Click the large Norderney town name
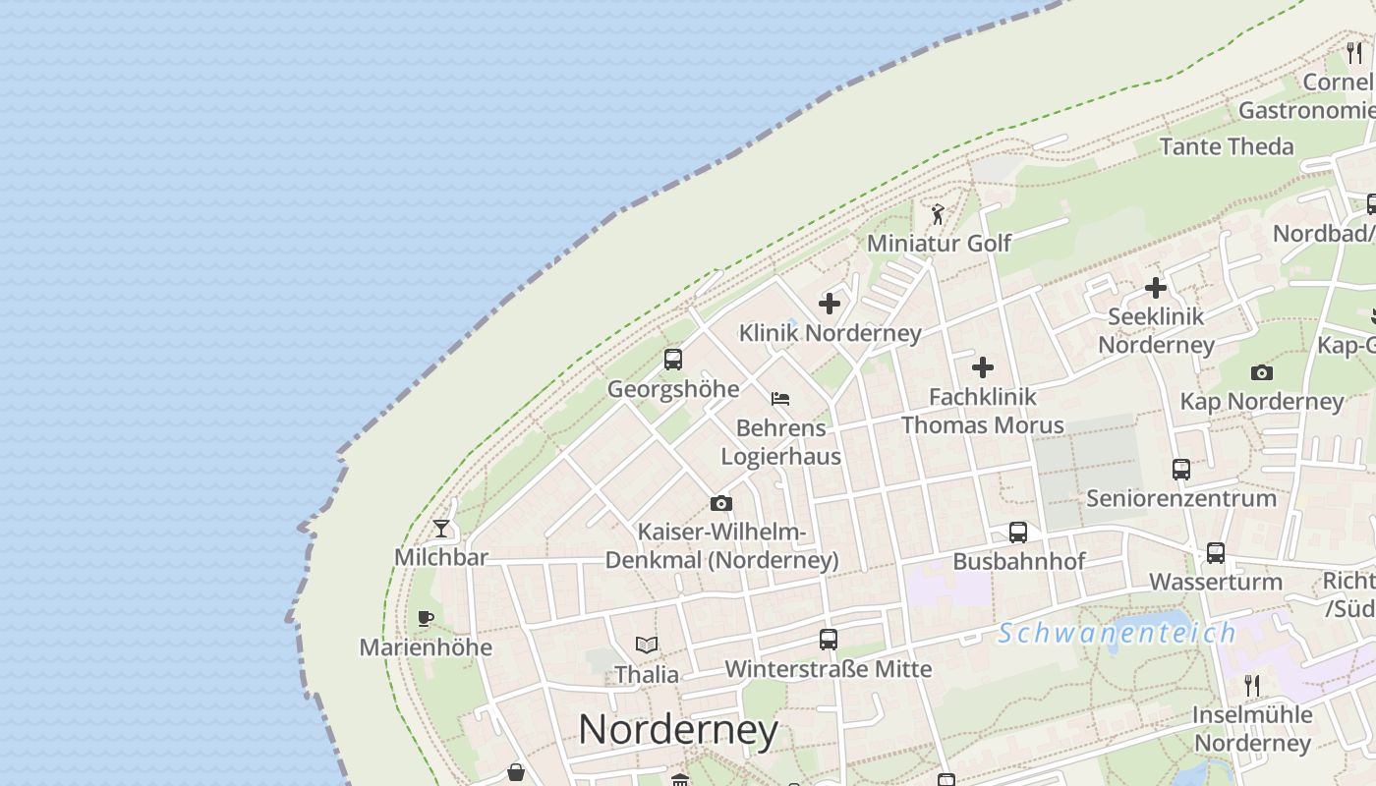click(678, 730)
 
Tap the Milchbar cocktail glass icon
click(441, 529)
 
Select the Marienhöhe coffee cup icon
click(426, 618)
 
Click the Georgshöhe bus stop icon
click(673, 360)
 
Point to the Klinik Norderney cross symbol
click(830, 304)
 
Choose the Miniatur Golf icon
click(938, 214)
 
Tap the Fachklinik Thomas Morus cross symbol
click(983, 367)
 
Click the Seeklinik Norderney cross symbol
click(1156, 288)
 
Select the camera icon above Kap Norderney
click(1262, 372)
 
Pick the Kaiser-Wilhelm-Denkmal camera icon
click(721, 504)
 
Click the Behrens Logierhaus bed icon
click(780, 399)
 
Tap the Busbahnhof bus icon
click(1018, 533)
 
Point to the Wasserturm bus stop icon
click(1216, 553)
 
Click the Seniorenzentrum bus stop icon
click(1181, 470)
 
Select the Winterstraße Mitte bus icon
click(829, 640)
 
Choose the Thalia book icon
click(647, 646)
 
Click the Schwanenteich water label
click(1117, 634)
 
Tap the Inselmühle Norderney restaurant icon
click(1252, 685)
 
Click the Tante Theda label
click(1227, 146)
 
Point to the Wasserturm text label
click(1216, 582)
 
